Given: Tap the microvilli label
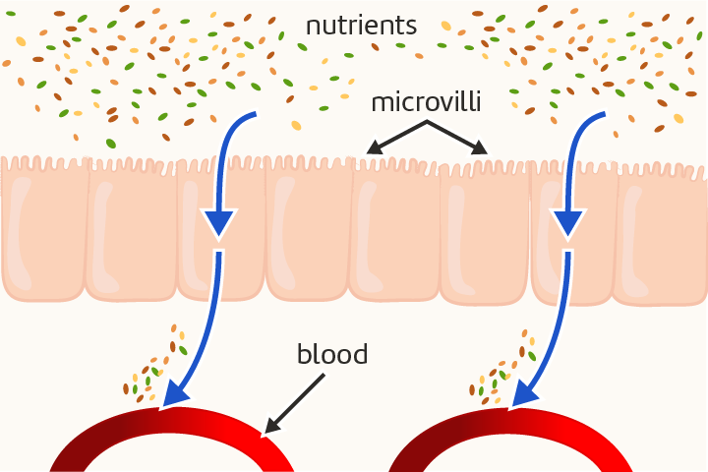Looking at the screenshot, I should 427,103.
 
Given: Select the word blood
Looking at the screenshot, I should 332,354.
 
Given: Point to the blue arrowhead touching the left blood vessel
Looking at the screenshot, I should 174,393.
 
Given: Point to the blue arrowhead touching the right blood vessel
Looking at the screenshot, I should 522,393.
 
